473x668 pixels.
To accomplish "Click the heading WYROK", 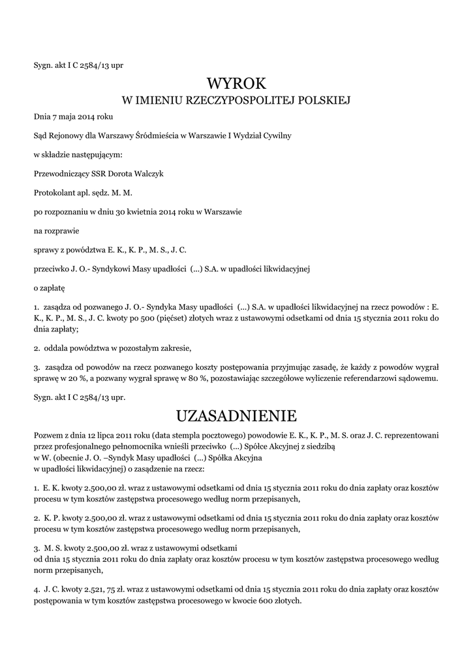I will click(237, 83).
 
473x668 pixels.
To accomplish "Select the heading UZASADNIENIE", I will click(237, 416).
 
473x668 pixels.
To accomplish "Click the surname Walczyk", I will click(148, 174).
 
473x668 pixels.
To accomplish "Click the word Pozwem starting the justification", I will click(50, 434).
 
